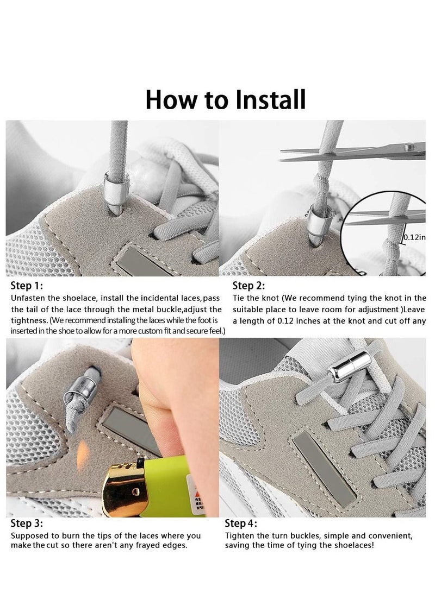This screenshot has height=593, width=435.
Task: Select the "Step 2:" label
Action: coord(249,286)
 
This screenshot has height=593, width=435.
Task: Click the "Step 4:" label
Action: coord(242,524)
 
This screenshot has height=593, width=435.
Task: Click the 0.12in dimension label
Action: coord(414,237)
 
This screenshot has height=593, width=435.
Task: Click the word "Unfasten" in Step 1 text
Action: coord(28,299)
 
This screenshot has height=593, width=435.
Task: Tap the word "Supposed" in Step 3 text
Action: coord(29,535)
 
